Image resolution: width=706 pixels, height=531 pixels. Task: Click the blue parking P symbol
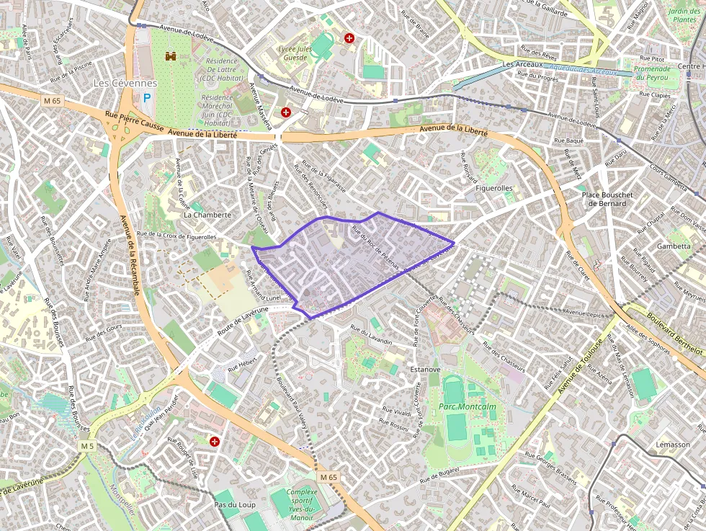click(148, 98)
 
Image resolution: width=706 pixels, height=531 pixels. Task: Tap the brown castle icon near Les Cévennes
click(171, 55)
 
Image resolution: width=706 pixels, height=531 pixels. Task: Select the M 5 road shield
click(87, 447)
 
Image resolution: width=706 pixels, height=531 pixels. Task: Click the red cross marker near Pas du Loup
click(214, 441)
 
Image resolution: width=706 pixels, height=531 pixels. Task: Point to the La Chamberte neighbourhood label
click(207, 215)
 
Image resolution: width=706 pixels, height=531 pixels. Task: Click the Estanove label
click(425, 370)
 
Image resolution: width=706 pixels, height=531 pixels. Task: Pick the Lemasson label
click(672, 445)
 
